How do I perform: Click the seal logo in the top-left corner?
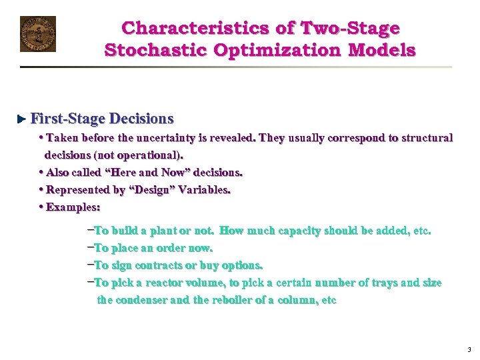point(38,34)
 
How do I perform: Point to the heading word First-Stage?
point(68,119)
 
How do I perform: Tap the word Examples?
point(73,207)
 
